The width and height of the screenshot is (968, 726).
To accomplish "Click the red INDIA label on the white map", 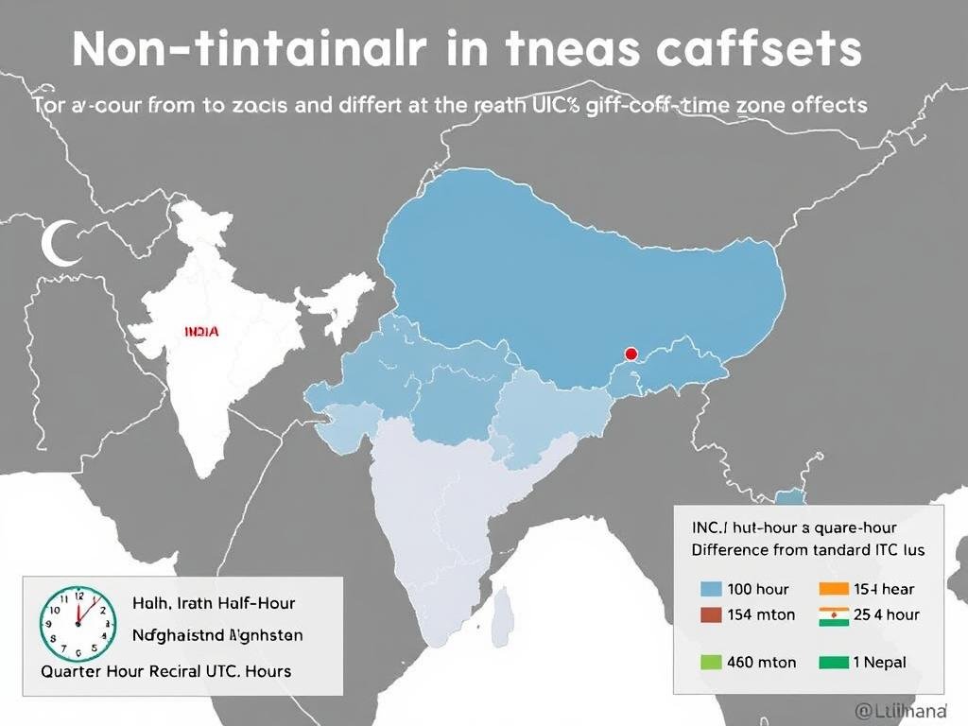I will [200, 332].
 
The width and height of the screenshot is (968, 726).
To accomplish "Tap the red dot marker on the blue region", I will [631, 354].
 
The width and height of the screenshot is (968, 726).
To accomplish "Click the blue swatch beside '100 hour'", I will [711, 589].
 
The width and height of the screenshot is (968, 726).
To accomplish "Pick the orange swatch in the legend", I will [834, 589].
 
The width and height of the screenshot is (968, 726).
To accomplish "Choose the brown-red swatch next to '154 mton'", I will [711, 614].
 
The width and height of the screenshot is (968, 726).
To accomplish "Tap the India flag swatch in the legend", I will [834, 614].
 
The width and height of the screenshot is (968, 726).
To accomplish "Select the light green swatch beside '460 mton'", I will [711, 663].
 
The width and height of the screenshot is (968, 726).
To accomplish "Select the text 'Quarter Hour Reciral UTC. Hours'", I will [166, 670].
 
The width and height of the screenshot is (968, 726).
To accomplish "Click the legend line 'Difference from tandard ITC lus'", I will [808, 548].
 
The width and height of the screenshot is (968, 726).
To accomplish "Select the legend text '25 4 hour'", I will [886, 614].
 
